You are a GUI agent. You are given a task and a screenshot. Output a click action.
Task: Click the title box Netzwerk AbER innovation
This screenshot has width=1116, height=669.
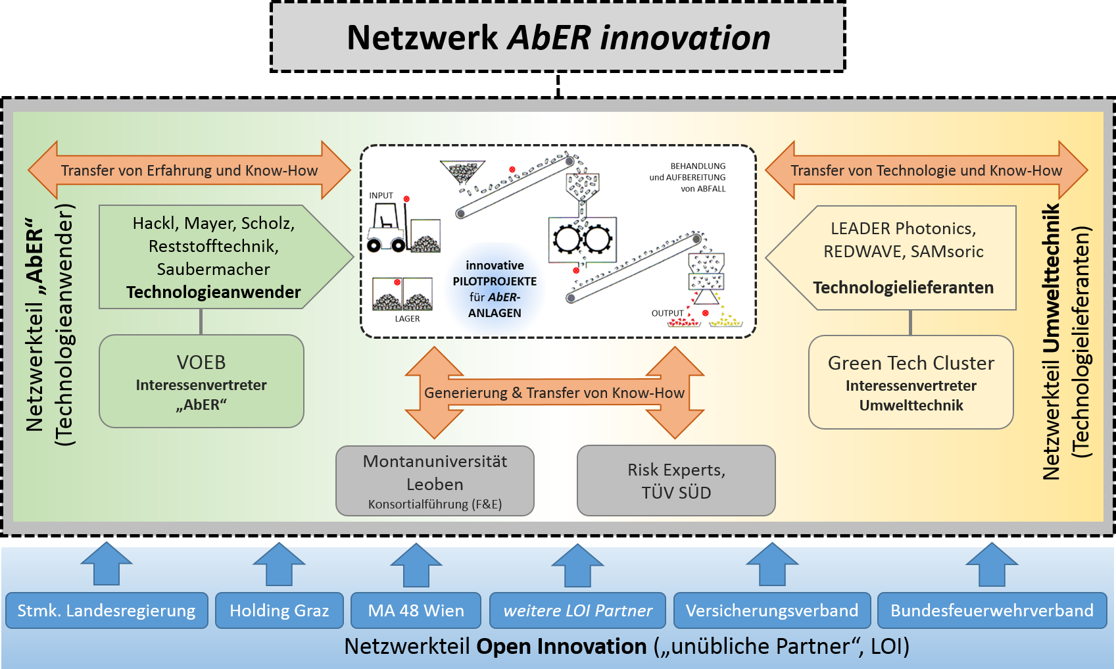pos(558,37)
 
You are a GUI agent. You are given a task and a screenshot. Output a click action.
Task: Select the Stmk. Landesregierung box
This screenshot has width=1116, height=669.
pos(107,610)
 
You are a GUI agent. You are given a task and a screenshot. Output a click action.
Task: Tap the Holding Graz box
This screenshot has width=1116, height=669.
pos(279,610)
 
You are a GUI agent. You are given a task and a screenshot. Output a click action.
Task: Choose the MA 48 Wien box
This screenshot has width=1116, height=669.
pos(416,610)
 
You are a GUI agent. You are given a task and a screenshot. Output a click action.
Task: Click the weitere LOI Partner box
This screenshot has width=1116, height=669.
pos(577,610)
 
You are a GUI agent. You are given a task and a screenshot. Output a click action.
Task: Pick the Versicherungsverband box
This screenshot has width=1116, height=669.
pos(772,610)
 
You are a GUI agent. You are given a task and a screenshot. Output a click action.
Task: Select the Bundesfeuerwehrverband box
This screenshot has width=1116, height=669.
pos(992,610)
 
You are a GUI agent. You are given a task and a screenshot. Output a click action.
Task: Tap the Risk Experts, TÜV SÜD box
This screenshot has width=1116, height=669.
pos(676,481)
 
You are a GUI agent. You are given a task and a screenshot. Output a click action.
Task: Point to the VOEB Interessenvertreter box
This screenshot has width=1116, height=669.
pos(201,382)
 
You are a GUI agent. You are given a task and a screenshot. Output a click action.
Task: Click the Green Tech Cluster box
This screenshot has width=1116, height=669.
pos(911,382)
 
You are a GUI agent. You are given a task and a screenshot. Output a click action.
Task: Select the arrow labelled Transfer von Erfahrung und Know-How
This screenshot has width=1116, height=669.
pos(189,170)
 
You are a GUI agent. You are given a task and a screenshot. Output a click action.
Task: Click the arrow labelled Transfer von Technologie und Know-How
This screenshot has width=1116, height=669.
pos(926,170)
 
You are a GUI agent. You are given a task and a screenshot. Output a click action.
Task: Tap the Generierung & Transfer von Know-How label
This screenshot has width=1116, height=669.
pos(554,393)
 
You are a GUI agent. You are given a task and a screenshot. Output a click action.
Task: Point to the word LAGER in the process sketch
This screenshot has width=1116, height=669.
pos(407,319)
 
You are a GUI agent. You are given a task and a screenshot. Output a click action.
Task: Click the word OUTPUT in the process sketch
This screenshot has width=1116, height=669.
pos(667,314)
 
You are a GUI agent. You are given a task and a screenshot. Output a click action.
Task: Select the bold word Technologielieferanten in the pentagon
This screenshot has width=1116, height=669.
pos(903,287)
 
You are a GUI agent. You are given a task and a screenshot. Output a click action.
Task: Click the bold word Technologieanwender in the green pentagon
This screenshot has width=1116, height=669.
pos(214,292)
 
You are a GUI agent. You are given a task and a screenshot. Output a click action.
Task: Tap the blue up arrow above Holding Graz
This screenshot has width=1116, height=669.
pos(279,564)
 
